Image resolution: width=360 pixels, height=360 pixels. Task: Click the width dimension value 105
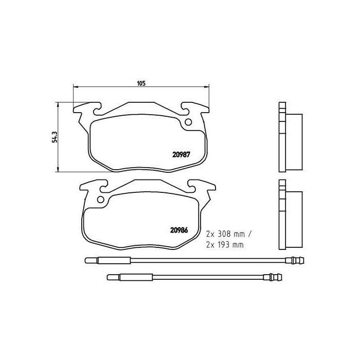[x=140, y=82]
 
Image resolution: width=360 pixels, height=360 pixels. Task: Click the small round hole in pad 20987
[x=188, y=122]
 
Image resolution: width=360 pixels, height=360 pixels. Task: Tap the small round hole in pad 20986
[x=101, y=200]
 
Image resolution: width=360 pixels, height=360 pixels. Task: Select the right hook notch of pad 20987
[x=185, y=107]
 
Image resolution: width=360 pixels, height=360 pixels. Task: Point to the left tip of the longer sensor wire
[x=86, y=260]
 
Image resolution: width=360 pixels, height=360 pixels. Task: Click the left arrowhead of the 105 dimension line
[x=76, y=86]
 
